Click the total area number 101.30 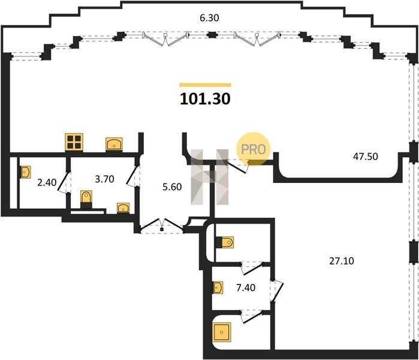pos(205,98)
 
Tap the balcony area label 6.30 pos(209,18)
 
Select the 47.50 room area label pos(365,157)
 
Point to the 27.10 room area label pos(341,261)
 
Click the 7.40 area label pos(246,287)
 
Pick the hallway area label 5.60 pos(172,187)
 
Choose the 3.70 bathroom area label pos(104,179)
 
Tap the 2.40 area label pos(47,182)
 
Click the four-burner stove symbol pos(74,142)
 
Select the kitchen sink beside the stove pos(114,145)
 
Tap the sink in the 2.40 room pos(25,172)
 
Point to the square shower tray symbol pos(222,332)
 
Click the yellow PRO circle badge pos(253,149)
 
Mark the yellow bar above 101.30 pos(205,85)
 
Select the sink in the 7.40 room pos(218,287)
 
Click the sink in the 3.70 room pos(123,208)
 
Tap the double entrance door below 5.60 pos(162,226)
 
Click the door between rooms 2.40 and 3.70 pos(64,182)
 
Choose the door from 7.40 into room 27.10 pos(276,291)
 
